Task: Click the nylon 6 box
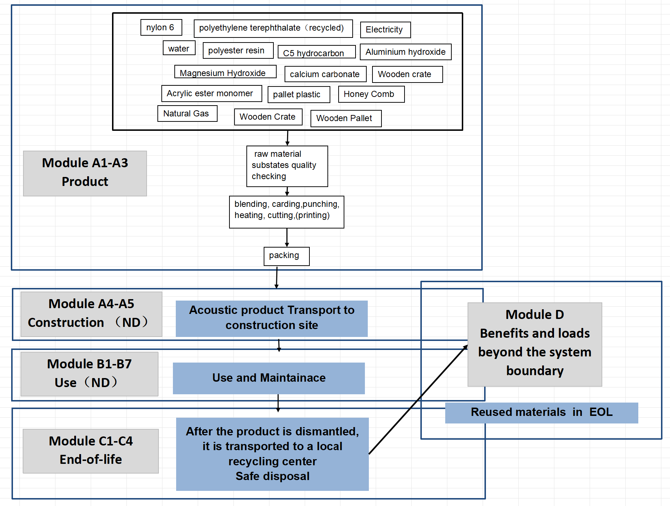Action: [x=161, y=27]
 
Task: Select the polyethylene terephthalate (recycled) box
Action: [x=273, y=28]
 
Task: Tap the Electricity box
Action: [x=385, y=30]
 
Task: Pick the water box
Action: [x=179, y=48]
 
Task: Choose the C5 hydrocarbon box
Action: [x=316, y=52]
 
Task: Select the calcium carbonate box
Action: [x=325, y=74]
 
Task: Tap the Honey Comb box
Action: [x=371, y=94]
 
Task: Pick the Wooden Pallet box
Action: [x=346, y=118]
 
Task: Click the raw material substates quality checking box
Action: [x=287, y=166]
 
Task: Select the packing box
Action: [x=286, y=256]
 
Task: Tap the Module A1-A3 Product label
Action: [x=85, y=173]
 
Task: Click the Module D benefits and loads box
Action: [x=535, y=344]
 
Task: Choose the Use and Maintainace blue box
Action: [x=269, y=378]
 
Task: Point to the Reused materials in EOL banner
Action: [x=541, y=413]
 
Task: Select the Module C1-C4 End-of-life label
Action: [x=91, y=451]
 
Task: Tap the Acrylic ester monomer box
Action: [x=211, y=93]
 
